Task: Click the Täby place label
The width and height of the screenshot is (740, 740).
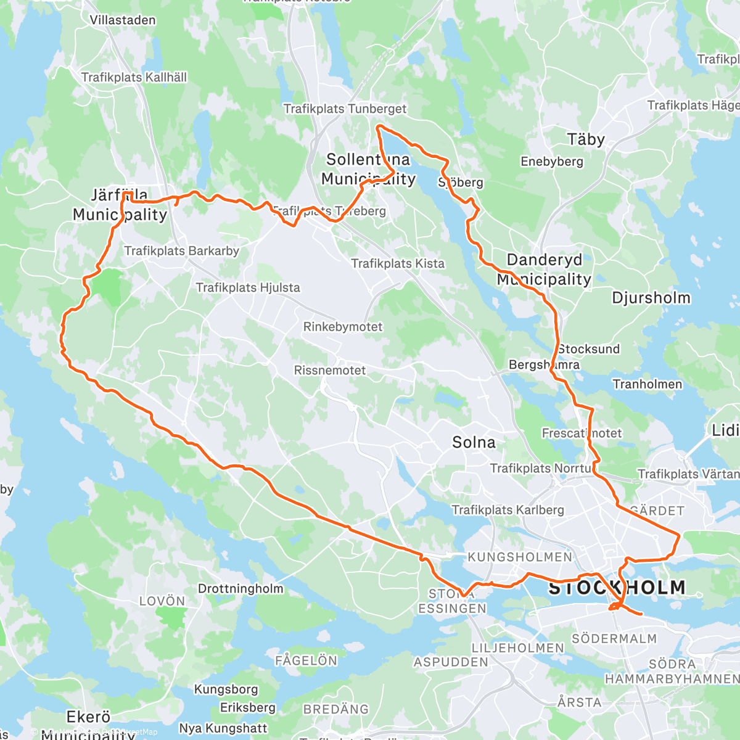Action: [586, 139]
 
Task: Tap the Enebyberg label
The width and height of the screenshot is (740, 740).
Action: [552, 162]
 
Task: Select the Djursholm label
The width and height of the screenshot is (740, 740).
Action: [651, 298]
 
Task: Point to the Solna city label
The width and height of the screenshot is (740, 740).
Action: [474, 442]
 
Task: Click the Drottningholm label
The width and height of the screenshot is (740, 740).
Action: [240, 588]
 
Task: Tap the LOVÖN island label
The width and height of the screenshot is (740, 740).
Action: [162, 601]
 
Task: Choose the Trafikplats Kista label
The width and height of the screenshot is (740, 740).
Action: [398, 263]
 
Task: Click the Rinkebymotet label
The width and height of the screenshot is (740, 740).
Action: [343, 327]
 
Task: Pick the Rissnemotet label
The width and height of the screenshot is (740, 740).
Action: [330, 371]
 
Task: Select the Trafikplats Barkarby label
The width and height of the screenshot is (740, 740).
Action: [182, 251]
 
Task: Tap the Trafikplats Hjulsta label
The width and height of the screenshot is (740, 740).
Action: [248, 287]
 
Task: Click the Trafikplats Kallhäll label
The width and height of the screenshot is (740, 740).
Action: [134, 78]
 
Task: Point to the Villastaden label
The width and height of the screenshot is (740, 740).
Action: [123, 20]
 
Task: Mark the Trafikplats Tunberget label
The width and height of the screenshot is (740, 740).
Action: [345, 109]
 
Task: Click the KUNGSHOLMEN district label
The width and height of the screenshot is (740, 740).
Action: [520, 557]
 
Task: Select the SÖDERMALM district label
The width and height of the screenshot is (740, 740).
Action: [614, 638]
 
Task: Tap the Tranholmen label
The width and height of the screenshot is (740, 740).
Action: [647, 384]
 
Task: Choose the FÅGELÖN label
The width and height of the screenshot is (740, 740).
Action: [306, 660]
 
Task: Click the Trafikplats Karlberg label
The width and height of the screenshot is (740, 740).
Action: [508, 510]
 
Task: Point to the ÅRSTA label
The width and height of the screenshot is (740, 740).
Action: [579, 702]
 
